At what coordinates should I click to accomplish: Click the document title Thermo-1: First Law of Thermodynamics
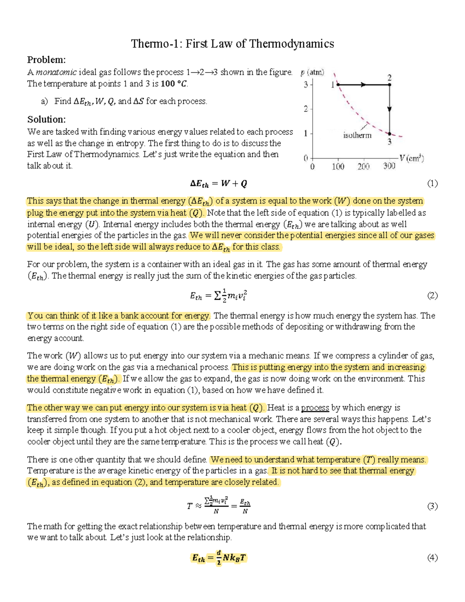point(232,43)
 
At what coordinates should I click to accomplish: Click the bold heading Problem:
point(46,60)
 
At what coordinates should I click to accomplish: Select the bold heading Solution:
point(46,119)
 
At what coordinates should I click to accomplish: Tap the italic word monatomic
point(56,72)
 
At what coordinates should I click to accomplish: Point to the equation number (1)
point(432,183)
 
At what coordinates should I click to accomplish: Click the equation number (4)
point(432,558)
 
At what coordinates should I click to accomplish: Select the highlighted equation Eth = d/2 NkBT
point(219,558)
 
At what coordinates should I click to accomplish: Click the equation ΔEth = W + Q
point(219,184)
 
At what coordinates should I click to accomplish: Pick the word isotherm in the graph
point(357,135)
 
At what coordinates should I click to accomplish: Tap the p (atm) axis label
point(312,72)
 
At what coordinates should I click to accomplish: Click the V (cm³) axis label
point(412,158)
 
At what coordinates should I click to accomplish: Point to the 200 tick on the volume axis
point(363,166)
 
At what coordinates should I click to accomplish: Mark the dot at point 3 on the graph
point(389,134)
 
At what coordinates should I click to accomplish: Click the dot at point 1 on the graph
point(338,85)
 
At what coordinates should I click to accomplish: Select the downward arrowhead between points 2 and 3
point(389,109)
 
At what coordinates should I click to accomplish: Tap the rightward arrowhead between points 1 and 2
point(363,85)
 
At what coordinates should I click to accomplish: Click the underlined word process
point(315,408)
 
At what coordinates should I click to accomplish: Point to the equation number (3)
point(432,506)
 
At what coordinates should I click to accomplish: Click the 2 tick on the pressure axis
point(306,109)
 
